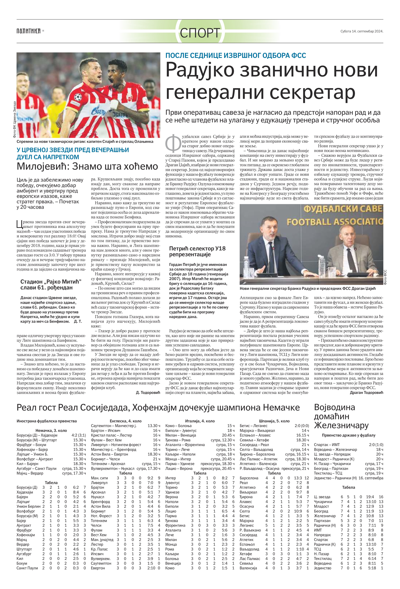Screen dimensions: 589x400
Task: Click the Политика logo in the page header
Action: point(28,31)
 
